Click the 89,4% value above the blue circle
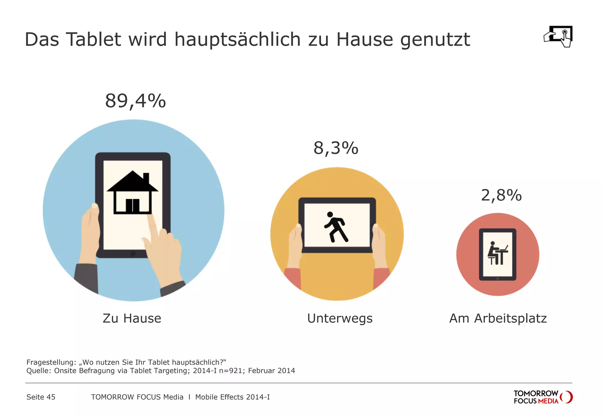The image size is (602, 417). click(136, 101)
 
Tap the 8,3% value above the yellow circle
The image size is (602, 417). click(336, 148)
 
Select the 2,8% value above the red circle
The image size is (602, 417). click(501, 195)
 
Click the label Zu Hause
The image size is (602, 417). click(132, 318)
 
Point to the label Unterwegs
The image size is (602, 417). click(340, 318)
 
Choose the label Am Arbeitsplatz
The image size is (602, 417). click(498, 318)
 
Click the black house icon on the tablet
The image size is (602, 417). click(133, 192)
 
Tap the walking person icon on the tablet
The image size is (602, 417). click(336, 227)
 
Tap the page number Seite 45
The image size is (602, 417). click(41, 397)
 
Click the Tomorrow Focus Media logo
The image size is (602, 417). click(543, 397)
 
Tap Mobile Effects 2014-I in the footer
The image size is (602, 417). click(232, 397)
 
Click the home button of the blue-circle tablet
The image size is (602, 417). click(133, 253)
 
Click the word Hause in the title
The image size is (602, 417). click(364, 39)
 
